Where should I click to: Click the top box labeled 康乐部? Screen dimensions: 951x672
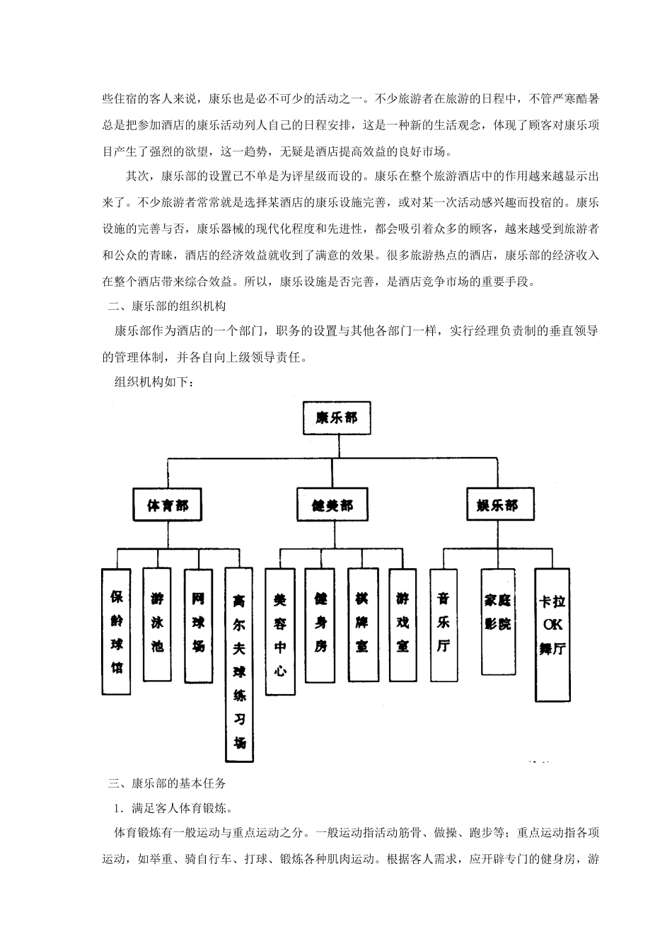point(336,417)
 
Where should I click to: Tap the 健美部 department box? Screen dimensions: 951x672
point(332,506)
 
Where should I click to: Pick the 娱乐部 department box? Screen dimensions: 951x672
point(497,506)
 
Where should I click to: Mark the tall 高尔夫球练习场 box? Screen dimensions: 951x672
point(240,665)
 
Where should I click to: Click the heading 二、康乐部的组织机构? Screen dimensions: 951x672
point(166,307)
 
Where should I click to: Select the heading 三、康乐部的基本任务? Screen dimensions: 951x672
point(166,783)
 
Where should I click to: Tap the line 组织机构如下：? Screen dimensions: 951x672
point(153,382)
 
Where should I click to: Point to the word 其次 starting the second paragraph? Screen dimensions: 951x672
point(137,176)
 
